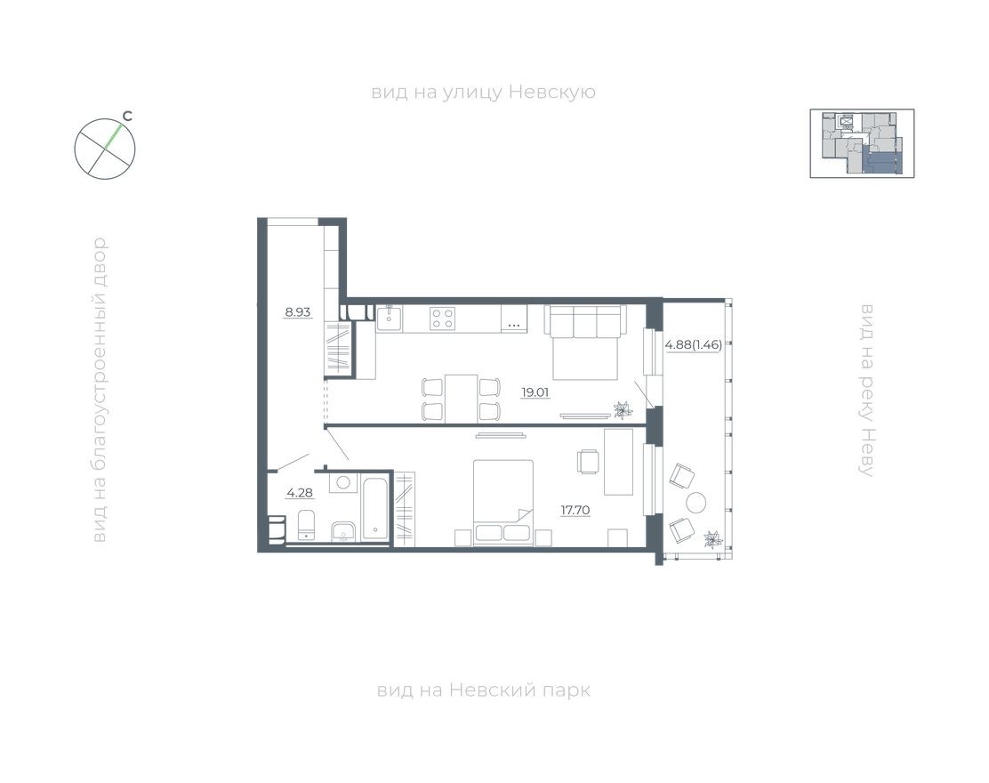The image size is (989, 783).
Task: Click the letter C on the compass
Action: (x=128, y=116)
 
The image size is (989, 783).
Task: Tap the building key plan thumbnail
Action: (x=861, y=143)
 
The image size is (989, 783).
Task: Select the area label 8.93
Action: (x=297, y=312)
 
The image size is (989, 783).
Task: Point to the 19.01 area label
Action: (x=535, y=389)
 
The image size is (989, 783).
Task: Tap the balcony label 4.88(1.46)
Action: (x=694, y=344)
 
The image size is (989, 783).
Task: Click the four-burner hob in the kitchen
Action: (x=442, y=319)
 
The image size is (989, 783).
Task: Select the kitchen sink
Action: (x=390, y=319)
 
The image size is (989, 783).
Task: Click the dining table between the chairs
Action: (x=461, y=399)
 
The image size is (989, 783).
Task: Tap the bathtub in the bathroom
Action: (x=375, y=509)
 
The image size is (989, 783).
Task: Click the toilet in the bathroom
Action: (x=305, y=525)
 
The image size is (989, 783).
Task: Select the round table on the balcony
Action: (x=696, y=503)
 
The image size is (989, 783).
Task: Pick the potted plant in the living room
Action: (x=622, y=409)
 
